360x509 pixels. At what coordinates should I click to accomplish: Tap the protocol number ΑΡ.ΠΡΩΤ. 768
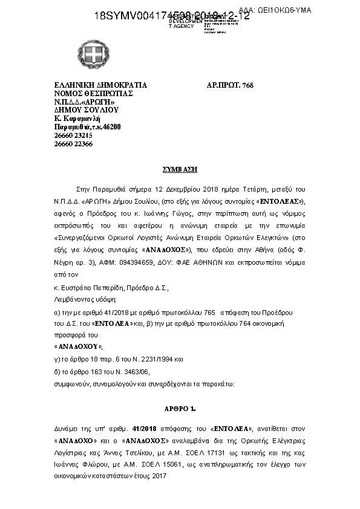226,85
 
